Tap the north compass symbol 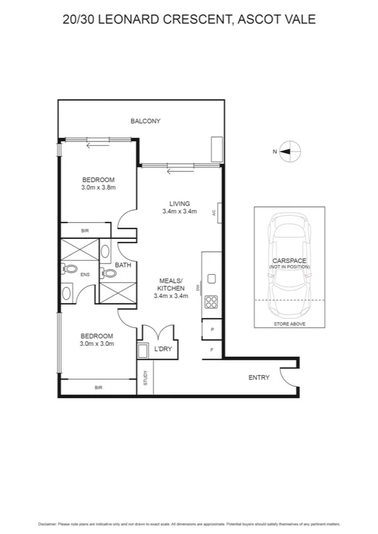tap(289, 151)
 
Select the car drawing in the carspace tap(289, 264)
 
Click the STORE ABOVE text tap(289, 324)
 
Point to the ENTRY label tap(258, 378)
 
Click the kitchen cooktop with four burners tap(211, 302)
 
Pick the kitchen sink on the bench tap(211, 279)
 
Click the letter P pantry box tap(211, 330)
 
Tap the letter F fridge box tap(211, 349)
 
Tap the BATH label tap(123, 265)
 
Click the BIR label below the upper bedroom tap(85, 231)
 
